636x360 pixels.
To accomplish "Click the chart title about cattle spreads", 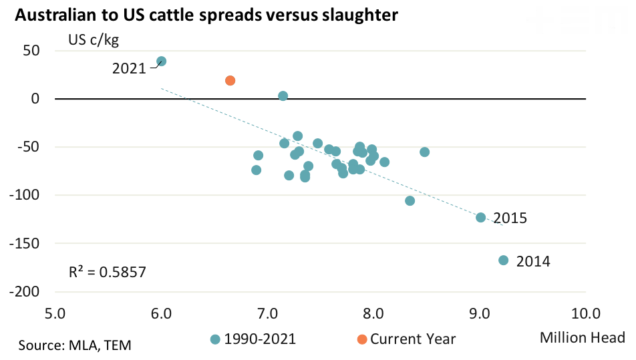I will click(x=206, y=15).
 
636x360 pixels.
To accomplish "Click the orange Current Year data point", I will click(x=230, y=81).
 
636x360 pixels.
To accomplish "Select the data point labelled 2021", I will click(x=161, y=61).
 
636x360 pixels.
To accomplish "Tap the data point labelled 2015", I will click(x=480, y=217).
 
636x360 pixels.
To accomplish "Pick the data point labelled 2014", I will click(x=503, y=260).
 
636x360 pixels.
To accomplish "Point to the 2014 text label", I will click(x=533, y=261).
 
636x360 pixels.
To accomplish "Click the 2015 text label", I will click(x=510, y=218).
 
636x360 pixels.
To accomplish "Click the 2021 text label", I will click(x=129, y=68).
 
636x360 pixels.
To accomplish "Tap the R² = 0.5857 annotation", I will click(x=108, y=272).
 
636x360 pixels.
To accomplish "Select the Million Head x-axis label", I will click(x=582, y=337).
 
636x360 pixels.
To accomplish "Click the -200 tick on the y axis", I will click(x=25, y=292).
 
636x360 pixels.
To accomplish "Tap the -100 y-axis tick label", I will click(x=25, y=195).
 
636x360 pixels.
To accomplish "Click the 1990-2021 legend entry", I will click(x=254, y=339).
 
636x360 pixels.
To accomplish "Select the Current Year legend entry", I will click(x=406, y=339).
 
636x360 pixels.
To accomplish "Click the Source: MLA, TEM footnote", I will click(x=75, y=345).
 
